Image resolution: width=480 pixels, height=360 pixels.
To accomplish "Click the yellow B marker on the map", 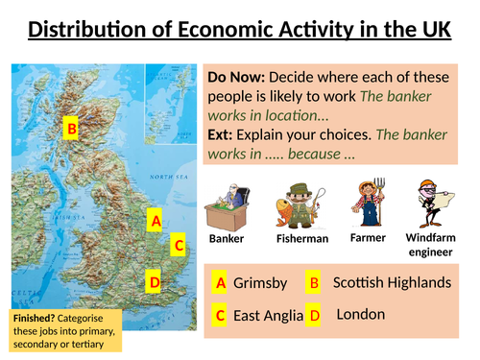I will click(71, 127).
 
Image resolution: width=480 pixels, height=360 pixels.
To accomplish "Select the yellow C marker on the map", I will click(178, 246).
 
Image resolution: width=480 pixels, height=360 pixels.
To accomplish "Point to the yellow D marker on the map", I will click(155, 282).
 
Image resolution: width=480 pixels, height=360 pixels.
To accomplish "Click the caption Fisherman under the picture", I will click(302, 238).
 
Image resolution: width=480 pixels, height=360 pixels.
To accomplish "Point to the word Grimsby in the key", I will click(260, 283).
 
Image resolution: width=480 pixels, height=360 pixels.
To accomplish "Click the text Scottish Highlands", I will click(391, 283).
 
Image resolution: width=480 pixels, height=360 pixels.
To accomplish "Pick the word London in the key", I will click(361, 314).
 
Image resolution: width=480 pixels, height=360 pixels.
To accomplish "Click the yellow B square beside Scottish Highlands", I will click(313, 283).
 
